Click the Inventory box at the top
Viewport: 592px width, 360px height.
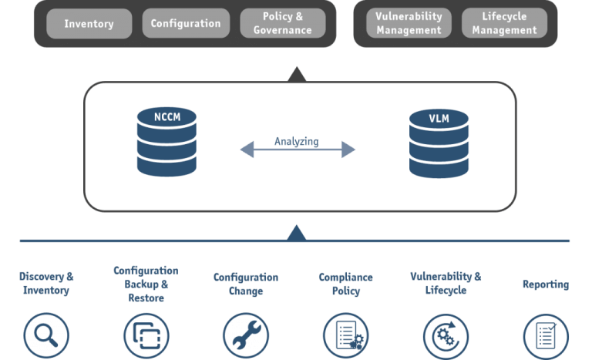(89, 23)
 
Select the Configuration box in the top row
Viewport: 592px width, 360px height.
(186, 23)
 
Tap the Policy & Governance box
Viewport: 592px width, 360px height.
(283, 23)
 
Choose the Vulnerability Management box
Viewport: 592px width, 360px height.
(409, 23)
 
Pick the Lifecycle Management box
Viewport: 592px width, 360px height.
(504, 23)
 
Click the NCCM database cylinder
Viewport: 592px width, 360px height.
(166, 142)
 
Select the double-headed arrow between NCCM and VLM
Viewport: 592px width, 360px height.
(297, 150)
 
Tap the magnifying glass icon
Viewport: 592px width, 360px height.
(47, 336)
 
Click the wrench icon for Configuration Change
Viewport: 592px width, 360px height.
(246, 336)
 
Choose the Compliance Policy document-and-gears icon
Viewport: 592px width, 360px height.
(345, 336)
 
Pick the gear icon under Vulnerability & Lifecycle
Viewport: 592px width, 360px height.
(446, 336)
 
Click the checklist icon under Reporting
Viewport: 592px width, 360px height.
(546, 336)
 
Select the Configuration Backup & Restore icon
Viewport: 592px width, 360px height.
(146, 336)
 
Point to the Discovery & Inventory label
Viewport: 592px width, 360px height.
(47, 284)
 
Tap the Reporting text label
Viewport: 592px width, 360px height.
(546, 284)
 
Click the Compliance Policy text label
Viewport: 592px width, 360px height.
(345, 284)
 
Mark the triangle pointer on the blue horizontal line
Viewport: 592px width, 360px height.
(296, 233)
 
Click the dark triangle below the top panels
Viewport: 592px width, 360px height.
(296, 74)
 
